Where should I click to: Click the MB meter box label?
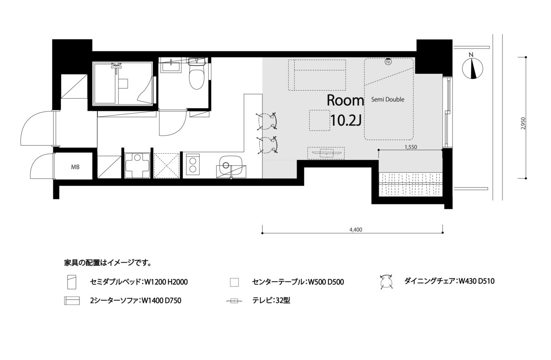(75, 167)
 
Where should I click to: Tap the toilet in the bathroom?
(196, 73)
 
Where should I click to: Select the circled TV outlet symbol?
(388, 62)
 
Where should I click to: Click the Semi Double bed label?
(388, 99)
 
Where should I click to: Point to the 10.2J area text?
(346, 121)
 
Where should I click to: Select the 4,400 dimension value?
(356, 230)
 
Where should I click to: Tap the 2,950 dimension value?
(523, 124)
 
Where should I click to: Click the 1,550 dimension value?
(411, 147)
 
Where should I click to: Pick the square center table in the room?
(319, 120)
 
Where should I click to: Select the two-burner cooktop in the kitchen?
(193, 164)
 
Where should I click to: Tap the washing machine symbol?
(138, 165)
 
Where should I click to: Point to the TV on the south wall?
(326, 153)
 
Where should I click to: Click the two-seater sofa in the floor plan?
(317, 75)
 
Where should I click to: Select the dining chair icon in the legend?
(386, 281)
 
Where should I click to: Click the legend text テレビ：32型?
(271, 300)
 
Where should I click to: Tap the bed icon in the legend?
(72, 282)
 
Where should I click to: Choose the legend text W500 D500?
(326, 282)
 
